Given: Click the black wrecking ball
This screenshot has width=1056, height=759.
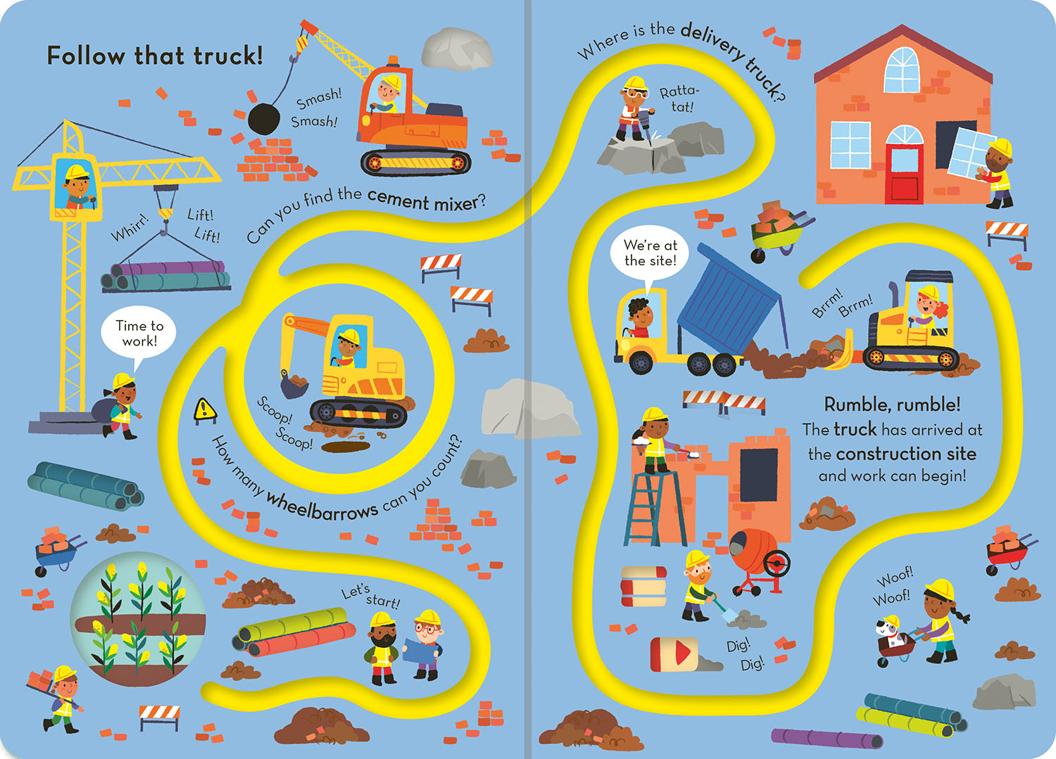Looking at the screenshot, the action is click(264, 118).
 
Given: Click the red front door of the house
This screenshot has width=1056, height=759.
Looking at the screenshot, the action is click(904, 173).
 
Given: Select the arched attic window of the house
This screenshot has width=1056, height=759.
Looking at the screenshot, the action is click(901, 70).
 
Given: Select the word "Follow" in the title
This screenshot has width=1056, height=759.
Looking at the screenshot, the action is click(86, 56).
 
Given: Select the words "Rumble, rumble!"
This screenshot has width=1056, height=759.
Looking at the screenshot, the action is click(892, 404).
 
